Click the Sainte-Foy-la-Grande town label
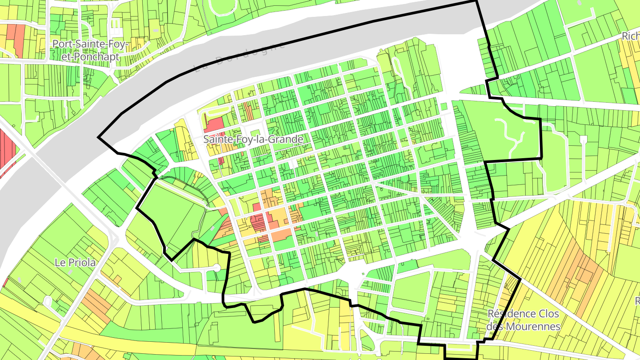pos(253,139)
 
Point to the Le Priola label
pos(75,262)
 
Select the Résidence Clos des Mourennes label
pos(523,320)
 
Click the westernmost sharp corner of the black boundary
pos(98,136)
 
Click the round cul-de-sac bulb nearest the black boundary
pos(217,268)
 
